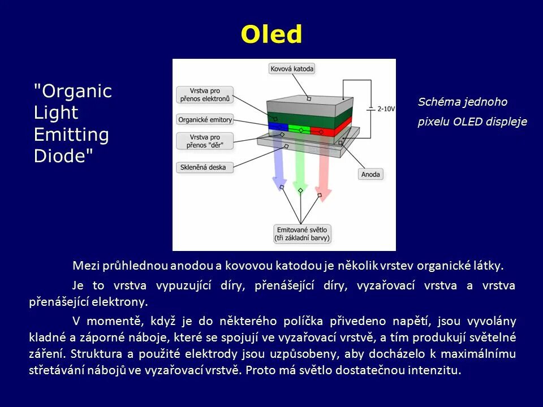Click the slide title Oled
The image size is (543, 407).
(x=271, y=34)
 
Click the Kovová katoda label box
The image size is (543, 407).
(x=291, y=69)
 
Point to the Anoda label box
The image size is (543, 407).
(x=370, y=174)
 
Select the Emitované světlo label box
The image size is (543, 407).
(x=302, y=233)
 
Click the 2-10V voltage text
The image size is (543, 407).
(x=386, y=108)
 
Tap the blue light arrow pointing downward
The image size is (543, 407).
(x=279, y=164)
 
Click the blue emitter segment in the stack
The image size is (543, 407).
(x=278, y=127)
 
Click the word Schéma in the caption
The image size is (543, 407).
(x=438, y=102)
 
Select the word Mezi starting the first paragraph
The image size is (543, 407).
(x=85, y=266)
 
